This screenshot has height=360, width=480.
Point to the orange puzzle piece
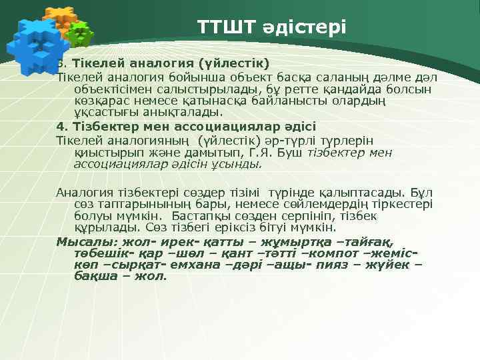point(62,18)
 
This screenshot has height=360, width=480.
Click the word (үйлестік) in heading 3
point(228,64)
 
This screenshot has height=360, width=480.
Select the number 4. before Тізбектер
point(61,127)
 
